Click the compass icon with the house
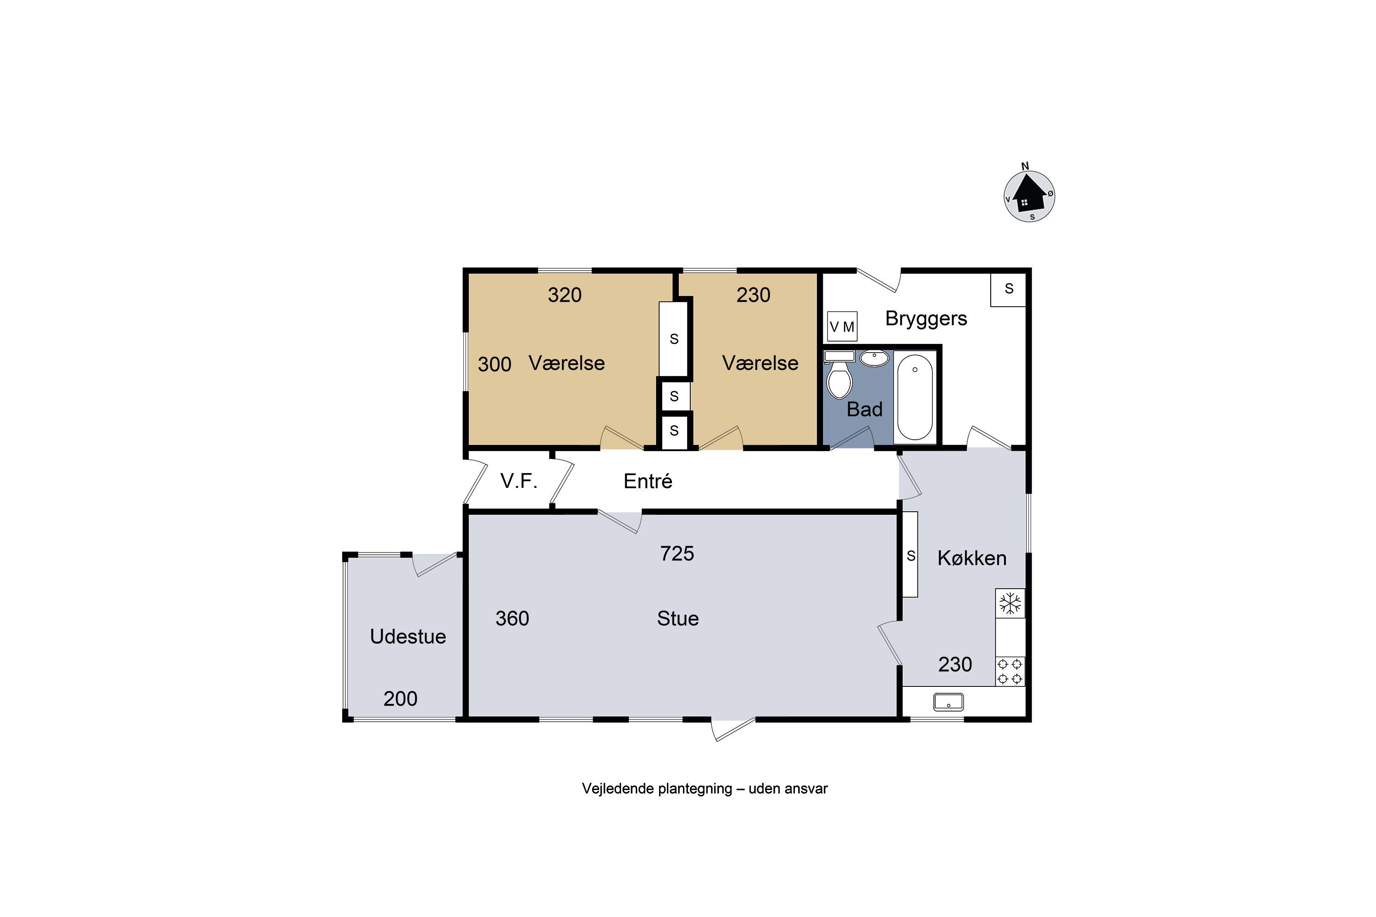point(1029,195)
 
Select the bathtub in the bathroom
point(915,397)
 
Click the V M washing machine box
point(842,327)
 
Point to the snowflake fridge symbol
point(1010,603)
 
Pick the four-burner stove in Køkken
point(1010,671)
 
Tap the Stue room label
point(678,619)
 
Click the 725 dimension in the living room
point(677,554)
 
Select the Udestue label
point(408,636)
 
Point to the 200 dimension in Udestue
point(400,699)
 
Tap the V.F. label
point(518,481)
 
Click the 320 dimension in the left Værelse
point(565,295)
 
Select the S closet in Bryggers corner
point(1009,289)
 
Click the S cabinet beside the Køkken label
point(910,555)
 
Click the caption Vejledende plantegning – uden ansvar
point(705,788)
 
